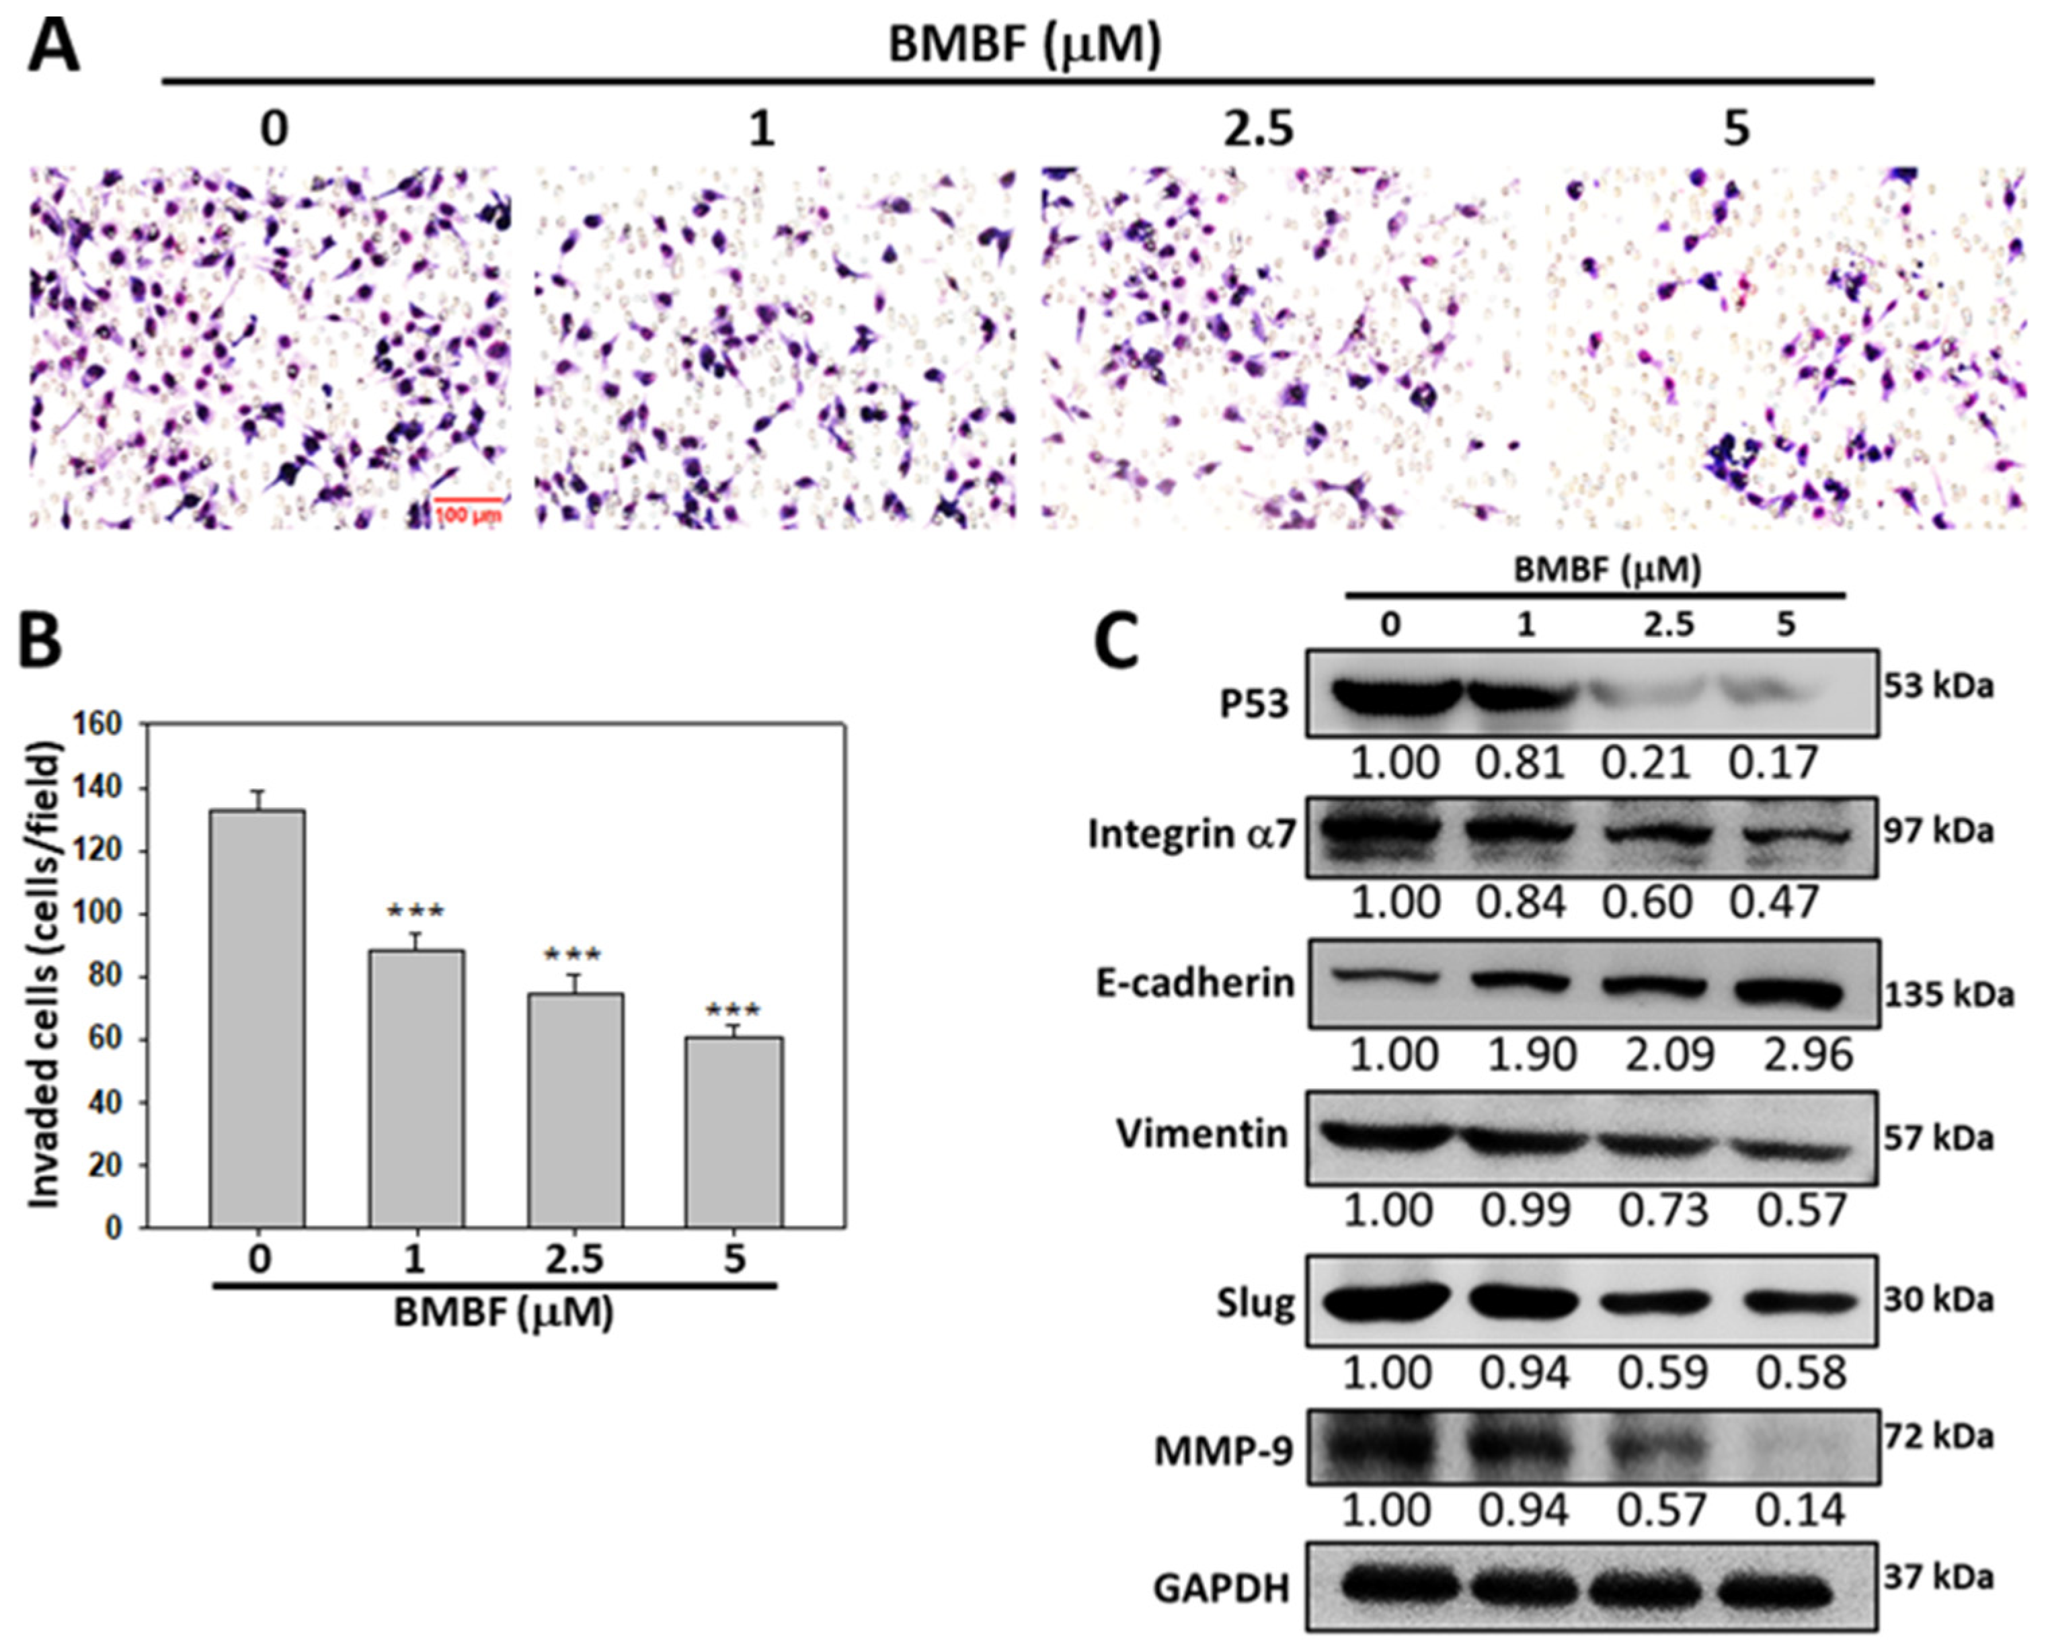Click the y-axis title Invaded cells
(44, 975)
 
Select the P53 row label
(1255, 704)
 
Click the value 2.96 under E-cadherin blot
(1807, 1055)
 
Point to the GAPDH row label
(1221, 1589)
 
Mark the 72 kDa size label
(1938, 1437)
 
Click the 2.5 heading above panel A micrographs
(1258, 128)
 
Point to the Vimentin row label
(1201, 1135)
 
